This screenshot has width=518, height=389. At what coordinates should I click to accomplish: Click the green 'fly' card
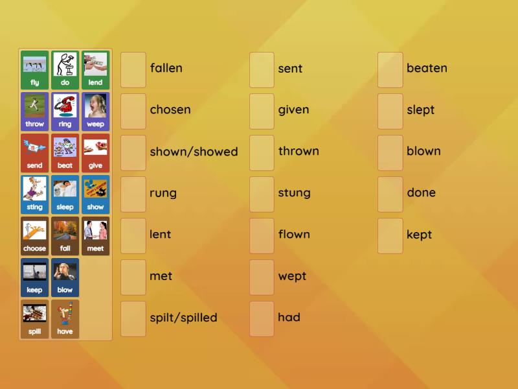(35, 70)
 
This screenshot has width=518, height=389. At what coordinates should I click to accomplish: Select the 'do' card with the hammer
(65, 70)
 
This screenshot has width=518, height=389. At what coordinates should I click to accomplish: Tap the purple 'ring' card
(65, 112)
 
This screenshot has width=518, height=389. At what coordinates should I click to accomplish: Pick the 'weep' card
(95, 112)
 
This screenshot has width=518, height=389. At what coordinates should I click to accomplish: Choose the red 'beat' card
(65, 153)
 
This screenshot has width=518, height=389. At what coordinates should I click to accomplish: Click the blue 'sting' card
(35, 194)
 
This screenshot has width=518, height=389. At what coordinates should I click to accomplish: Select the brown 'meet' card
(95, 236)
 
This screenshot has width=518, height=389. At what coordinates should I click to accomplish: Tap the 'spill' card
(35, 319)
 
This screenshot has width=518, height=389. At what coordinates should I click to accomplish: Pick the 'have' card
(65, 319)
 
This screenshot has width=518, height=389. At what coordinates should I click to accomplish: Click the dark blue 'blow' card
(65, 277)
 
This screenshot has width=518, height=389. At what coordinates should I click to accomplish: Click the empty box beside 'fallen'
(133, 69)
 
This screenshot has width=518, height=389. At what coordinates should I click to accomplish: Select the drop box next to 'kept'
(390, 235)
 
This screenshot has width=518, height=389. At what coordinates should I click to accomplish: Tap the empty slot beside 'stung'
(262, 194)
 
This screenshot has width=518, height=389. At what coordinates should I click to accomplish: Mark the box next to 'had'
(262, 318)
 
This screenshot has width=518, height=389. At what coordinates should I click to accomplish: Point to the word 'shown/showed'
(194, 152)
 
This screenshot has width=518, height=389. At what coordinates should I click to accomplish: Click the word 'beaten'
(427, 68)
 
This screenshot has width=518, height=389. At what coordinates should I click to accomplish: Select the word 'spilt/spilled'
(183, 318)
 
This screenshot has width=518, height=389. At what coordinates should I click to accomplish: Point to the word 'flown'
(294, 235)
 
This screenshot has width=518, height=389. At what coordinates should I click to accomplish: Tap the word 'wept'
(292, 277)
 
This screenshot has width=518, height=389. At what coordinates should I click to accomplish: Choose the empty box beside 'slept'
(390, 111)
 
